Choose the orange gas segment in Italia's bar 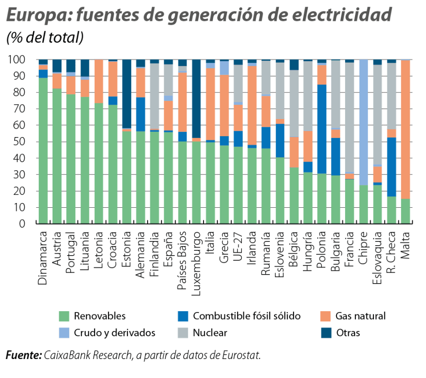tap(210, 104)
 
